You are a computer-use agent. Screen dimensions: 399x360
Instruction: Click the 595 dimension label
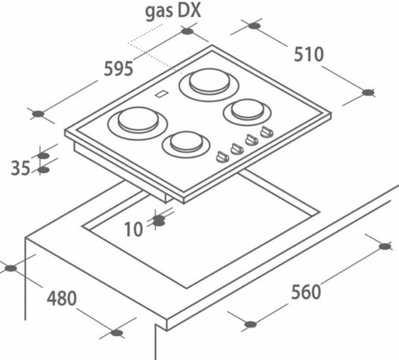119,68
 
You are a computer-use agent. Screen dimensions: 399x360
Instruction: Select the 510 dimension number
308,54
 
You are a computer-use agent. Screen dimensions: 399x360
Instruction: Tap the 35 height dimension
21,167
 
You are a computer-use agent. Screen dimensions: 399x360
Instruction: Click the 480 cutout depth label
61,298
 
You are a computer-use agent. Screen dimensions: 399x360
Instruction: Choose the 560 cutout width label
306,292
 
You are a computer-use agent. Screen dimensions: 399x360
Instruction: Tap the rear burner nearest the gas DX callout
209,85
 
